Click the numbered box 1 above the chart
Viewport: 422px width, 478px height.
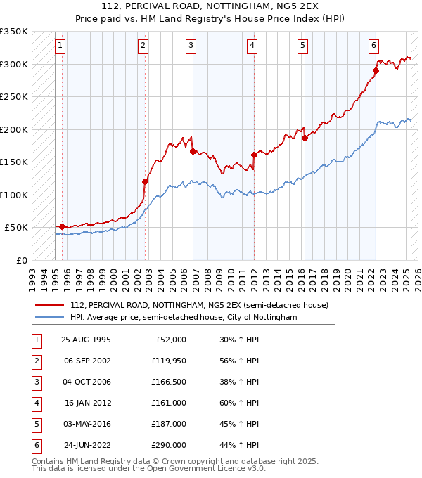[x=60, y=46]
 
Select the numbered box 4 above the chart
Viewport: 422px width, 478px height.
[x=251, y=46]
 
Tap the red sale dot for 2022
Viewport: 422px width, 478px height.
[x=376, y=70]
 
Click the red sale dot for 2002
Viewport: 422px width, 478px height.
[x=146, y=181]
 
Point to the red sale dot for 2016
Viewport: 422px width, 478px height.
[x=305, y=138]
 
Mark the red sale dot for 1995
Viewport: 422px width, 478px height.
[x=62, y=226]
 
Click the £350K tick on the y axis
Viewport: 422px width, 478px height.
[x=14, y=32]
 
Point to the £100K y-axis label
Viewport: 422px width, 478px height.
[x=14, y=195]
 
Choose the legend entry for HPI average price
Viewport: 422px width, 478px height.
[x=184, y=318]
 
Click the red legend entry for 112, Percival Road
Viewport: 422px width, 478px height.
[x=199, y=306]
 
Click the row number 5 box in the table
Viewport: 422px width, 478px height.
[x=34, y=424]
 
